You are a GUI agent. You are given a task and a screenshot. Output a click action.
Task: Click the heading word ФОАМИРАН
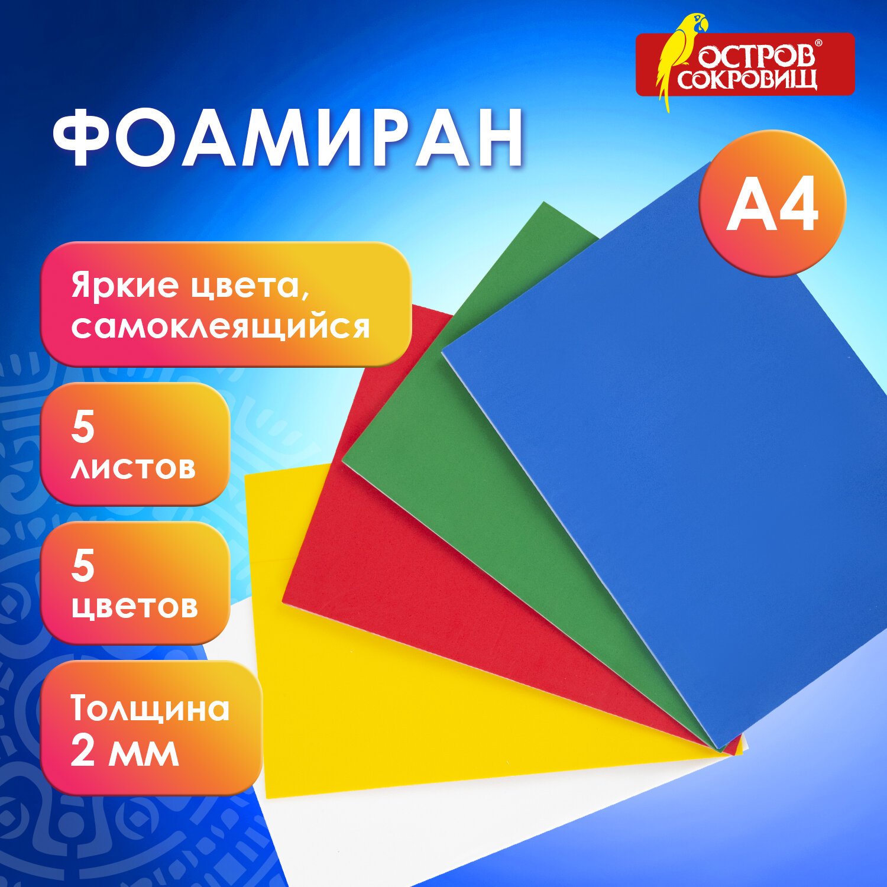288,139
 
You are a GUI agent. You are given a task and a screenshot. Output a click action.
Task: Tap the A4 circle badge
772,203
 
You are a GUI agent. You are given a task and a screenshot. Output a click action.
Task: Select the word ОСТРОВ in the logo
757,56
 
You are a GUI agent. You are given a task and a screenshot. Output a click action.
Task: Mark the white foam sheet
473,828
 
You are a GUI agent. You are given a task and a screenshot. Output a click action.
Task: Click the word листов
133,468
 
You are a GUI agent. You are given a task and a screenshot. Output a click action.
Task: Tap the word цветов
134,607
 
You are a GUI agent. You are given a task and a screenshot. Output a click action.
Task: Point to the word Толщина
150,709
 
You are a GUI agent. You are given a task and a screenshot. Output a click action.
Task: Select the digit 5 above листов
83,427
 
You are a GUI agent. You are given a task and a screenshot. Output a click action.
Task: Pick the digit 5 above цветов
83,566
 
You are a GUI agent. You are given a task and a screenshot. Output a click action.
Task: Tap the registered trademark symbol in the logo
818,44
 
